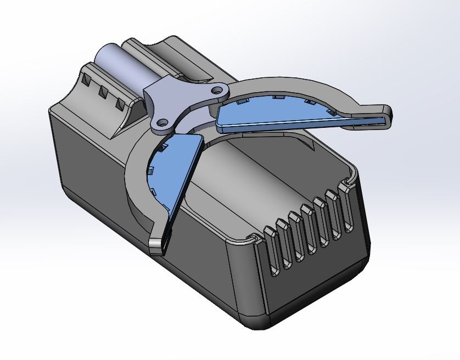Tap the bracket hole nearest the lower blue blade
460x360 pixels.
(162, 122)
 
